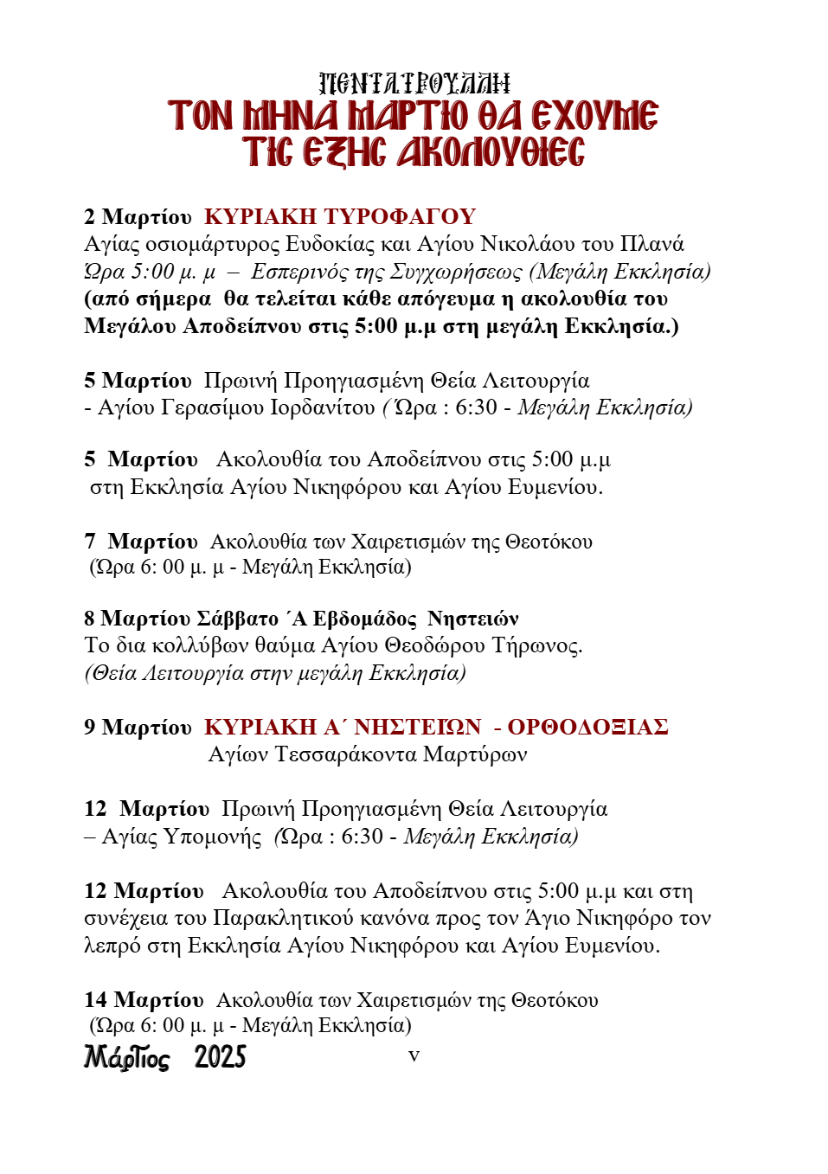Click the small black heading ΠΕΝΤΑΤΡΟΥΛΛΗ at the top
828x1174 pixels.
414,84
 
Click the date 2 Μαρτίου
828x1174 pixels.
138,216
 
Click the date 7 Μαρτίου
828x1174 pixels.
141,542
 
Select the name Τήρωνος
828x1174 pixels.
536,645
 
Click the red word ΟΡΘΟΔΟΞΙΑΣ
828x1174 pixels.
587,727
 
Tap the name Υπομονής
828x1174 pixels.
212,837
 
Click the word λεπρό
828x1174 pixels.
112,946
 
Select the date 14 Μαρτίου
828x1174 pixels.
144,1000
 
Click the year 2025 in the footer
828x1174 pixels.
220,1057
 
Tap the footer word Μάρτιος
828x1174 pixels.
126,1057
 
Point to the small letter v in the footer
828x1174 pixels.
414,1055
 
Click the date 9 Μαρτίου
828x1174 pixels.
138,727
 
